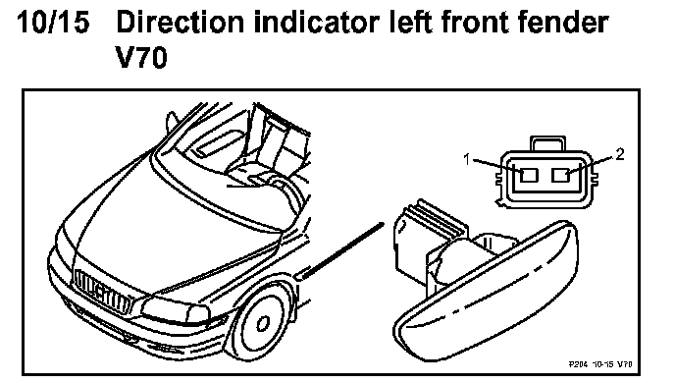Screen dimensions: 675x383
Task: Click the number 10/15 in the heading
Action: (53, 22)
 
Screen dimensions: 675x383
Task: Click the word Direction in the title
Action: (180, 22)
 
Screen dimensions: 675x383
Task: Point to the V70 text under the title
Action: (141, 58)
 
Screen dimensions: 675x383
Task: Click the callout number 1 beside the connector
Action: (467, 159)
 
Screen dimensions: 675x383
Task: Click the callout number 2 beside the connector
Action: (619, 154)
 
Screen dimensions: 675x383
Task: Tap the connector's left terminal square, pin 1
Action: (529, 175)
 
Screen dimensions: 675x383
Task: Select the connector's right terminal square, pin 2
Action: (560, 175)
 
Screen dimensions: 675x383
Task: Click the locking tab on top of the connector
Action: (547, 143)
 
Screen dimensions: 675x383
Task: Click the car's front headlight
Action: (175, 310)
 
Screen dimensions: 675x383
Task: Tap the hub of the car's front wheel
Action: (263, 323)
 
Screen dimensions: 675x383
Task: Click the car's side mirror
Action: (173, 121)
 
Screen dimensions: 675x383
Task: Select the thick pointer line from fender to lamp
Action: (340, 250)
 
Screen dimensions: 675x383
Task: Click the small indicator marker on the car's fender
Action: (300, 274)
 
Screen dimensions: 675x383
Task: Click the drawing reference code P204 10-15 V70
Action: (600, 364)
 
